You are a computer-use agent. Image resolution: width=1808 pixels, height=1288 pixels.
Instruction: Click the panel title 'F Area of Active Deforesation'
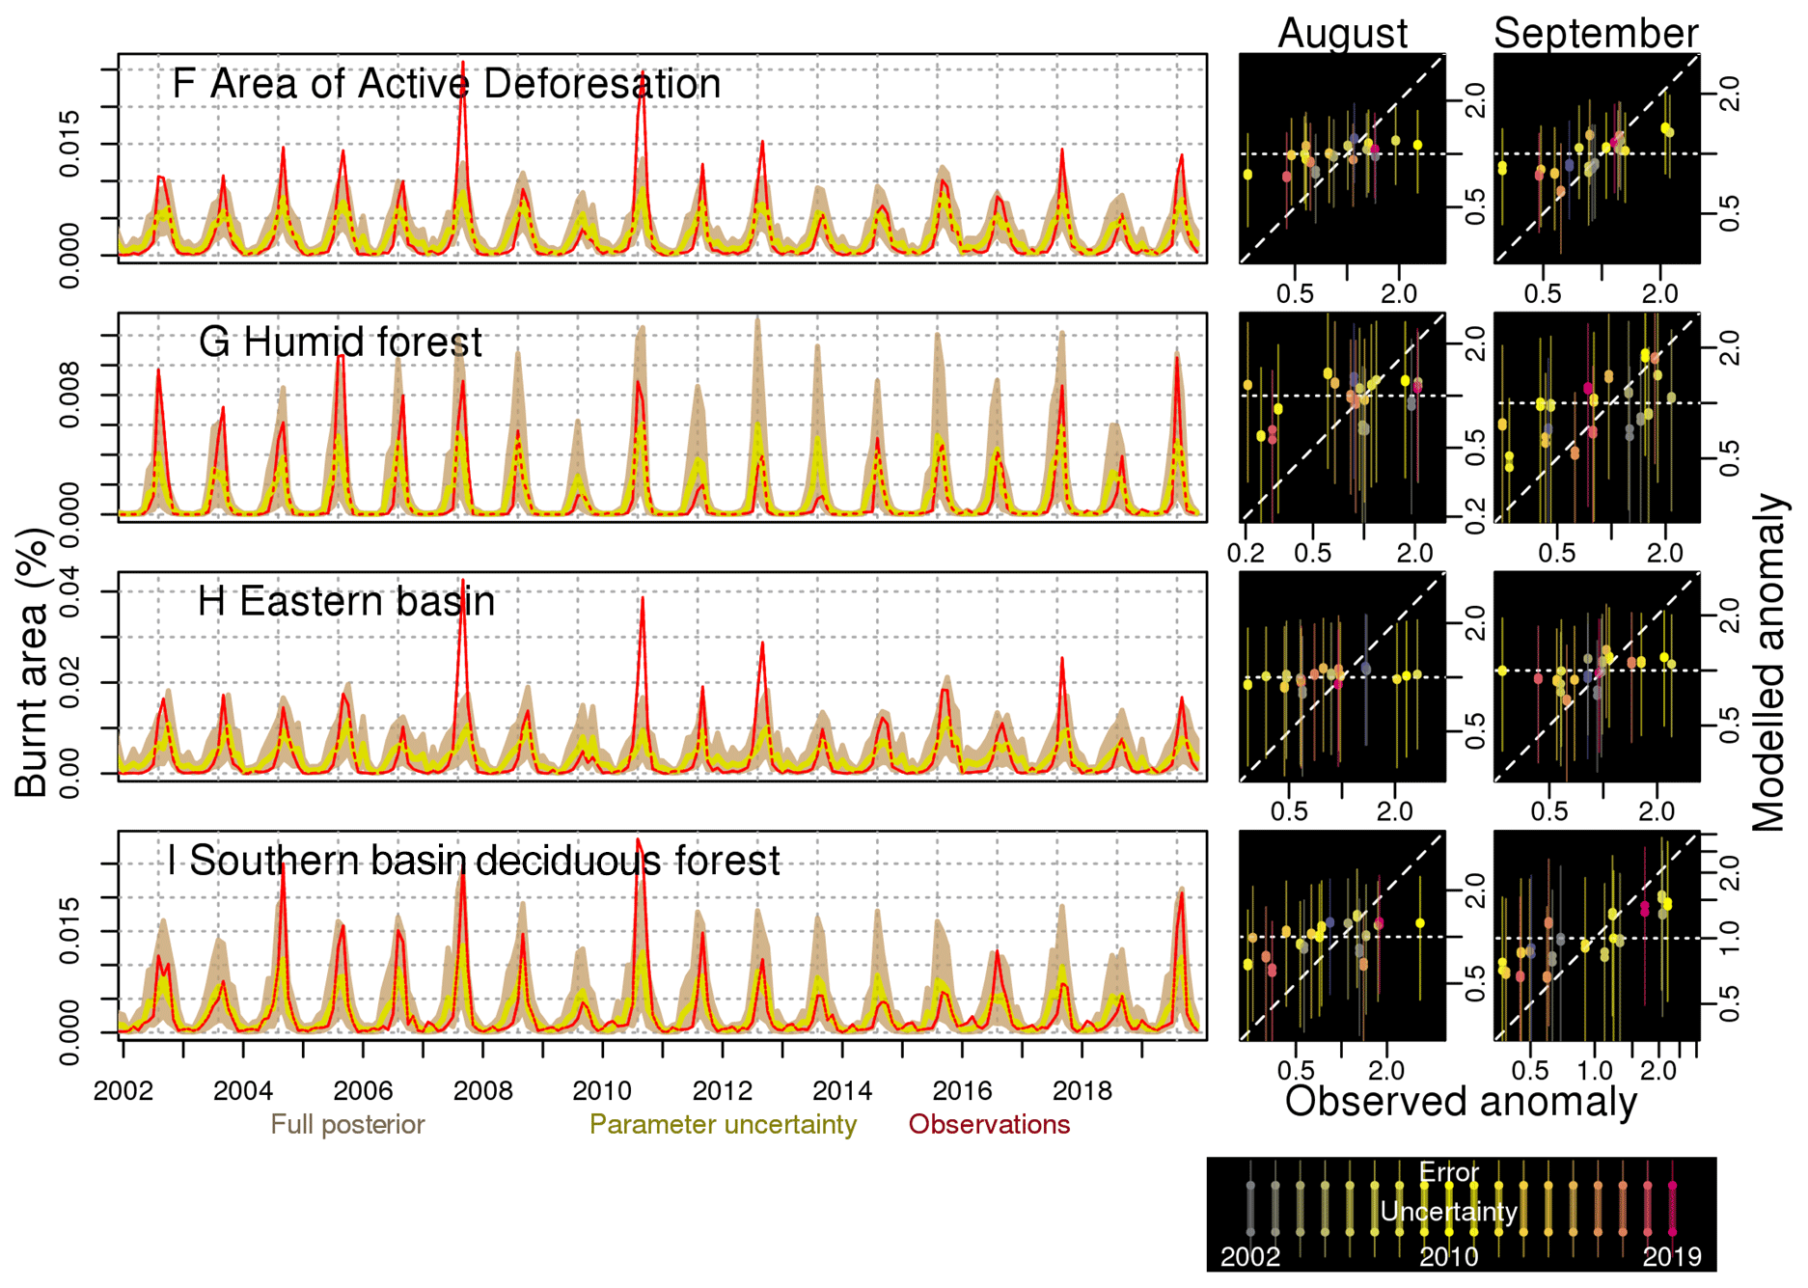click(446, 84)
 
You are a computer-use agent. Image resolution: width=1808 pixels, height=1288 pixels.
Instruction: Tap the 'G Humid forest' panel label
click(340, 343)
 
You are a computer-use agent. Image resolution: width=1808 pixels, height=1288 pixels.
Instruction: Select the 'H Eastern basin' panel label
click(345, 602)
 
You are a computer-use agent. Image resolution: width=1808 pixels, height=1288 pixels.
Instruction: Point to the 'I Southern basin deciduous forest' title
click(473, 861)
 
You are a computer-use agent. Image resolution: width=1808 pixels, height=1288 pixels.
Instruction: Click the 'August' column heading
click(1342, 33)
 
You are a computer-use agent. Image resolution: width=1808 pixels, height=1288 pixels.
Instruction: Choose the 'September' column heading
click(1595, 33)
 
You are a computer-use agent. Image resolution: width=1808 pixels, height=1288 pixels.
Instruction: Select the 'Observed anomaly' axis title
click(1460, 1101)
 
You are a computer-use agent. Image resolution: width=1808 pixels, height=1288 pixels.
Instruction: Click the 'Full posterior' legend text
click(347, 1125)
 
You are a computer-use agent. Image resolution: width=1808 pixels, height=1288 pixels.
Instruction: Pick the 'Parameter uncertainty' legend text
click(723, 1125)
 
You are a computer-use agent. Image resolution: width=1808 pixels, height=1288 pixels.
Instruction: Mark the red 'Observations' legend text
click(989, 1125)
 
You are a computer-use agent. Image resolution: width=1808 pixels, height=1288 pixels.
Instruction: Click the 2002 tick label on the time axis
click(123, 1091)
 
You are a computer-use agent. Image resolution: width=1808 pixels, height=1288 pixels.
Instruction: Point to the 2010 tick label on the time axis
click(602, 1091)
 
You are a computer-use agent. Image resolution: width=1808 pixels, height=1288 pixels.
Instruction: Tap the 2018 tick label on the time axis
click(1082, 1091)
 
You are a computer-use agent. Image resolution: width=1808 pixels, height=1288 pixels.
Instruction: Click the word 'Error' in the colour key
click(1449, 1173)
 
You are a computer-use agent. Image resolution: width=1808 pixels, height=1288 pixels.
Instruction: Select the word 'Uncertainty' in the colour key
click(1449, 1212)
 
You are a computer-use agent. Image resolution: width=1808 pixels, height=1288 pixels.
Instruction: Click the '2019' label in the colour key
click(1672, 1257)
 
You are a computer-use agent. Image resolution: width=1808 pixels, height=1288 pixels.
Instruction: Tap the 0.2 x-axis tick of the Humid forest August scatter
click(1246, 554)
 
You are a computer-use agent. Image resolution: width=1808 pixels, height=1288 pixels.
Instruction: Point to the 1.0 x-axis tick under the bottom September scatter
click(1595, 1071)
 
